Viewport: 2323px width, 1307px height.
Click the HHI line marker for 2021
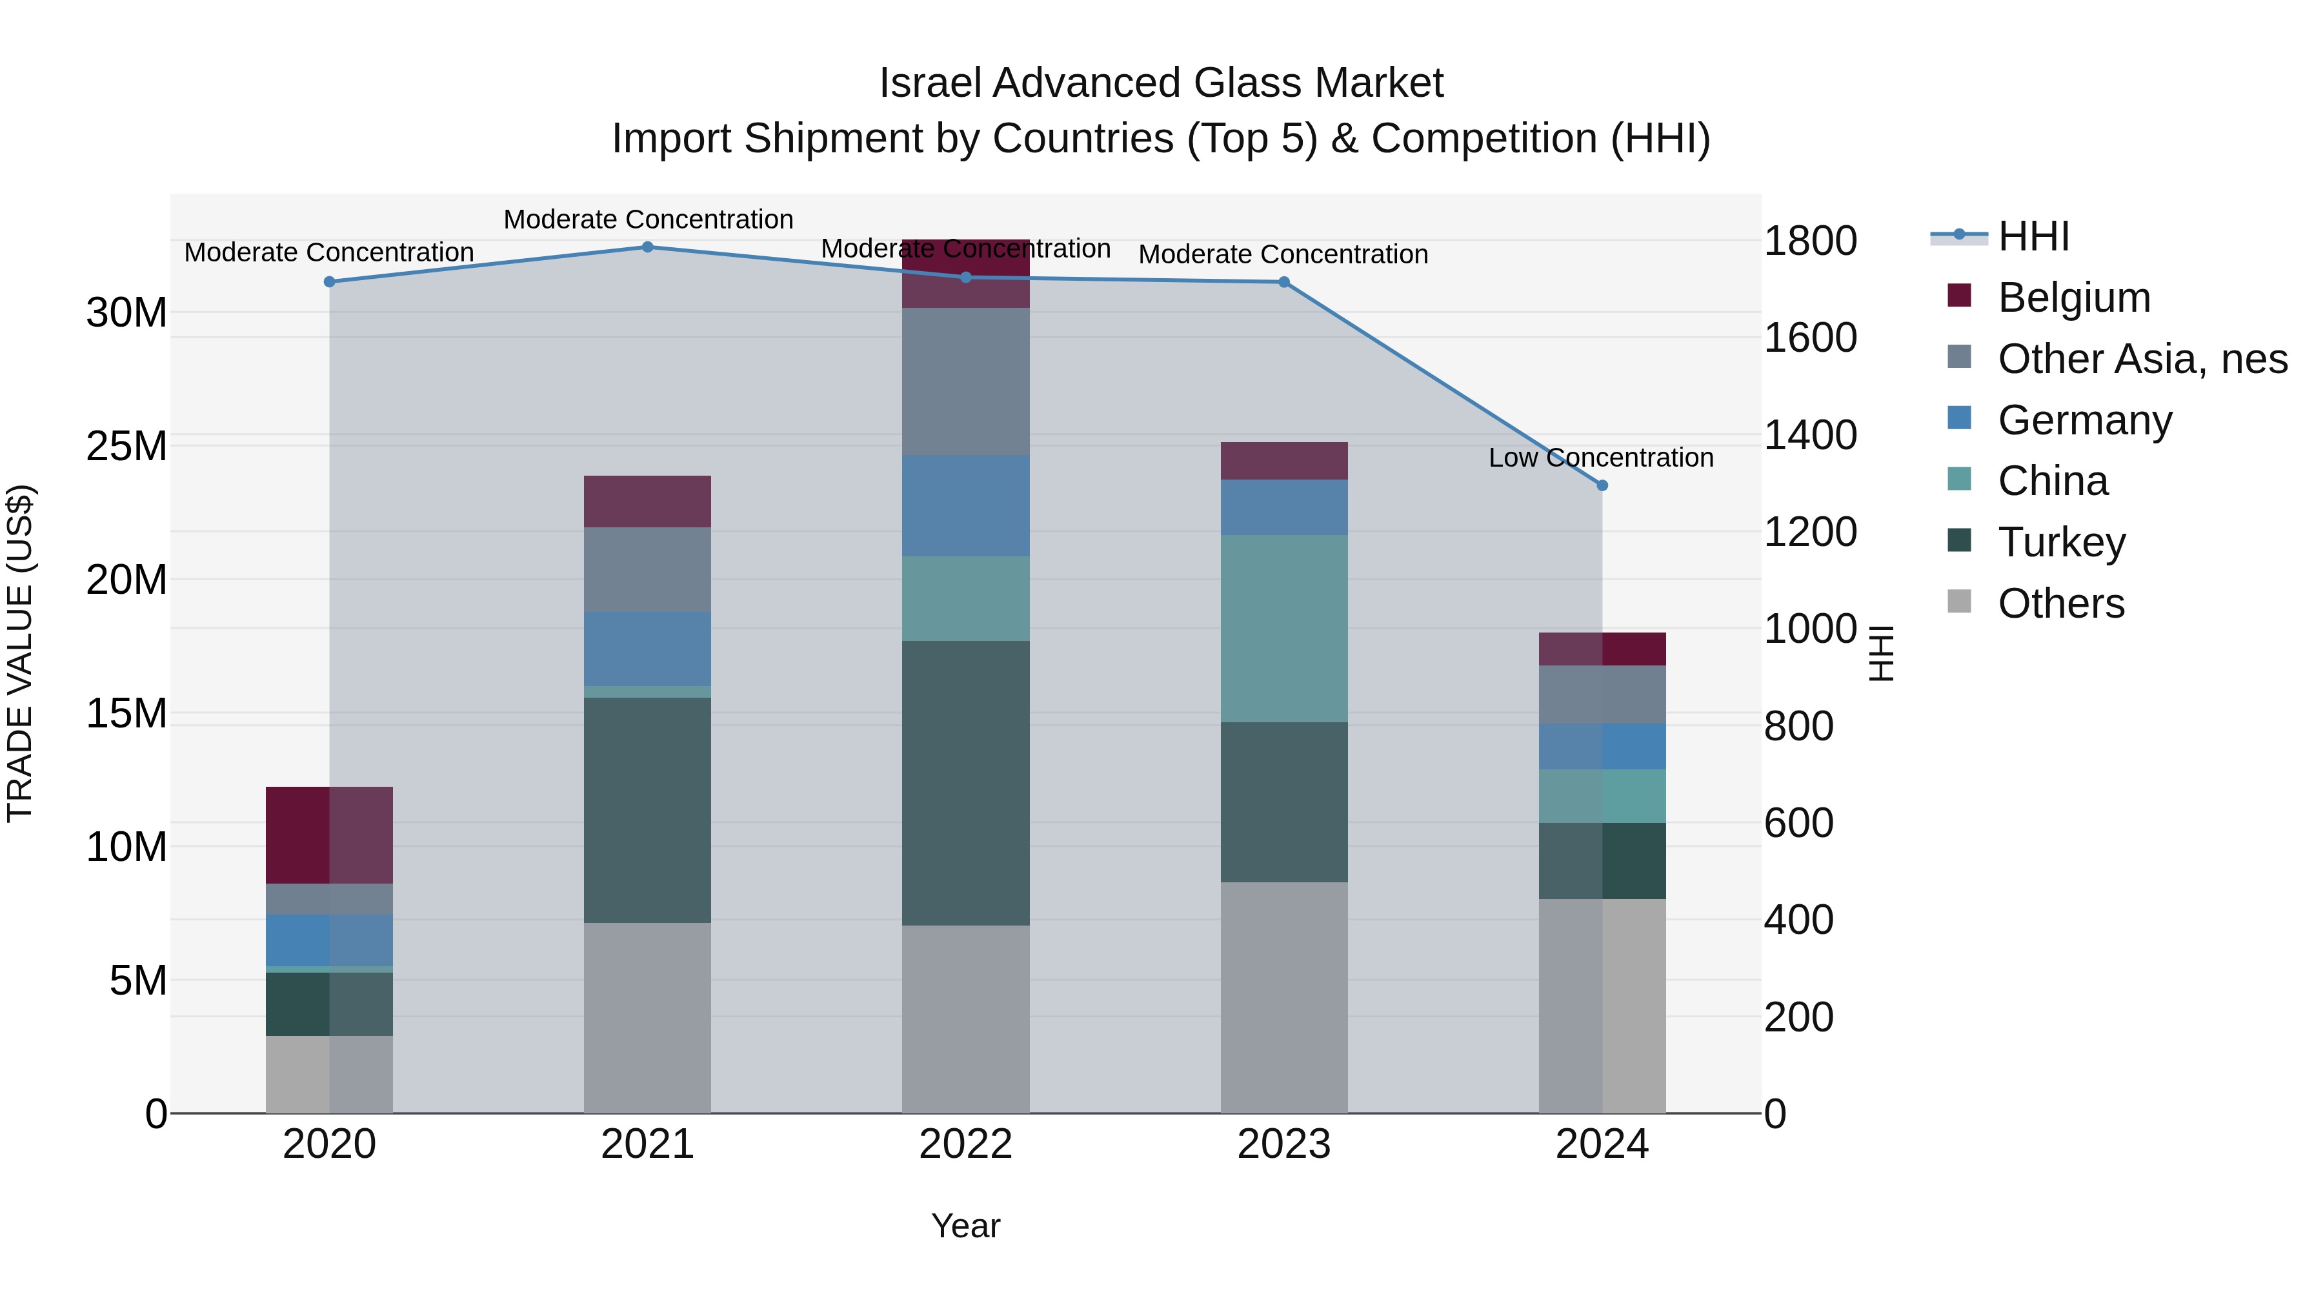tap(647, 247)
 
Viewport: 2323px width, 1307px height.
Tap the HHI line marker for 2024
tap(1602, 485)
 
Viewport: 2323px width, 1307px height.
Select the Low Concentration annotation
tap(1601, 458)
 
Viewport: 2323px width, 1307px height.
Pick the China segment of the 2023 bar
tap(1283, 629)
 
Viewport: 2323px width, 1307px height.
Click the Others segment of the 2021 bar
tap(647, 1017)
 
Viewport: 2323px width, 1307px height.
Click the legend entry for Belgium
tap(2073, 298)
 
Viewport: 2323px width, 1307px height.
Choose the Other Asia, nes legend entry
tap(2142, 359)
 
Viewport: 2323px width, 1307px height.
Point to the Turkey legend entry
tap(2062, 542)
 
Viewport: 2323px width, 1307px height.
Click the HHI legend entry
tap(2033, 236)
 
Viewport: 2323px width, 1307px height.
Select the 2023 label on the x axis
tap(1283, 1144)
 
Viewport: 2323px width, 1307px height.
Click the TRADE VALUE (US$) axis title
tap(21, 653)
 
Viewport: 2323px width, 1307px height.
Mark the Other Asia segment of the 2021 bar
tap(647, 570)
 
